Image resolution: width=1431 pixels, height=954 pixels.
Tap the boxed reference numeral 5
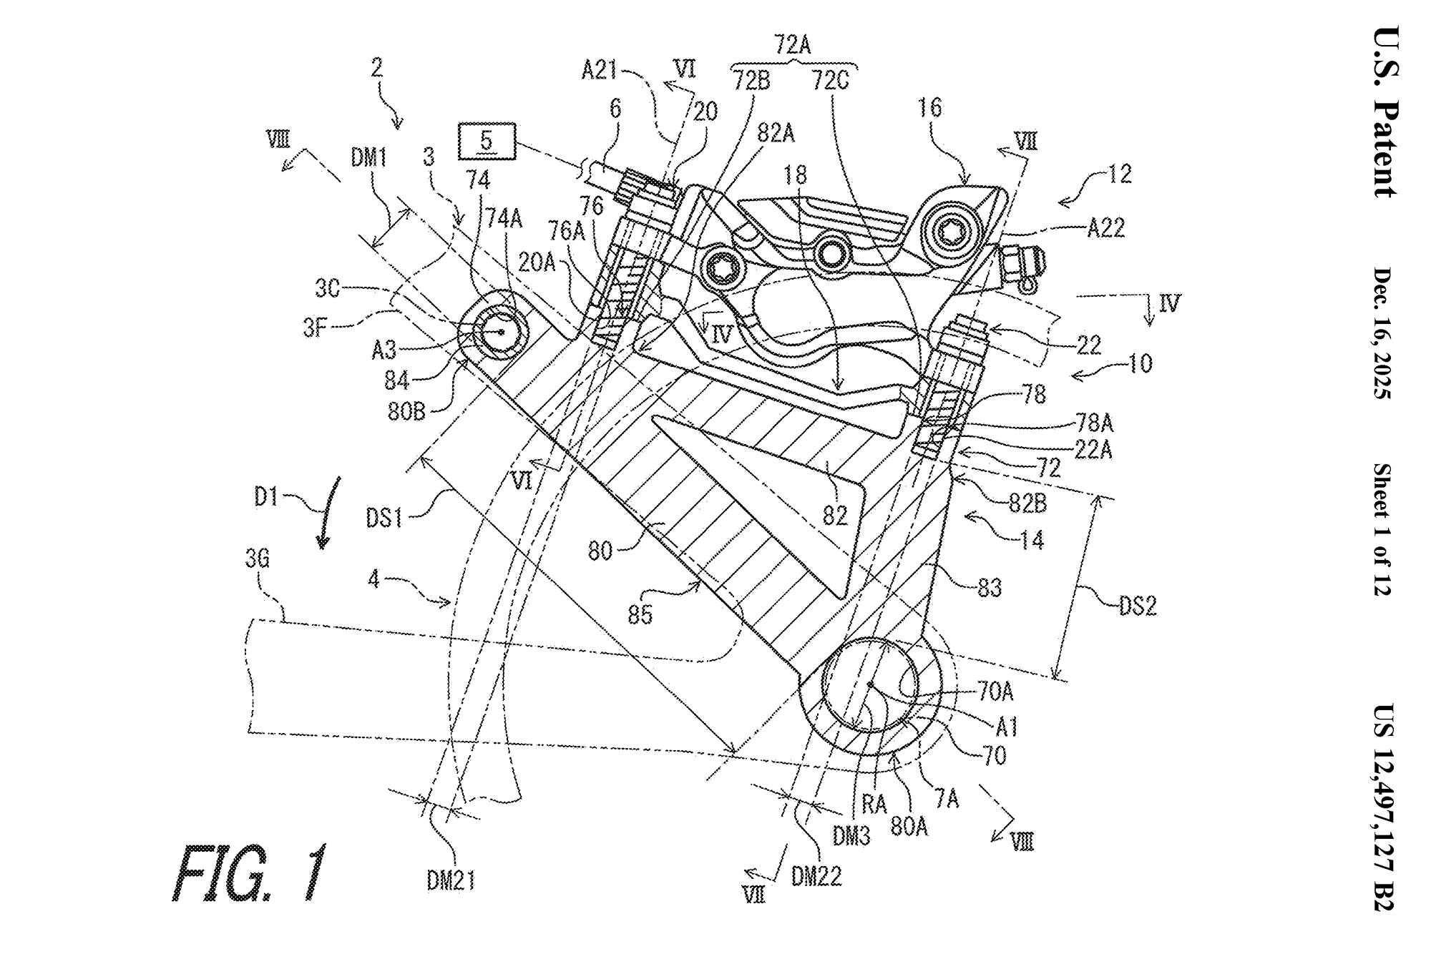click(x=487, y=141)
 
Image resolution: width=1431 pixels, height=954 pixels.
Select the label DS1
click(x=384, y=517)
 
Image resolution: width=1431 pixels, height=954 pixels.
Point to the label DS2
click(x=1137, y=606)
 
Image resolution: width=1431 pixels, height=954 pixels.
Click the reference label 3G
click(x=257, y=559)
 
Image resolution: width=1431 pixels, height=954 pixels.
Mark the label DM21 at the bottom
click(x=451, y=880)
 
